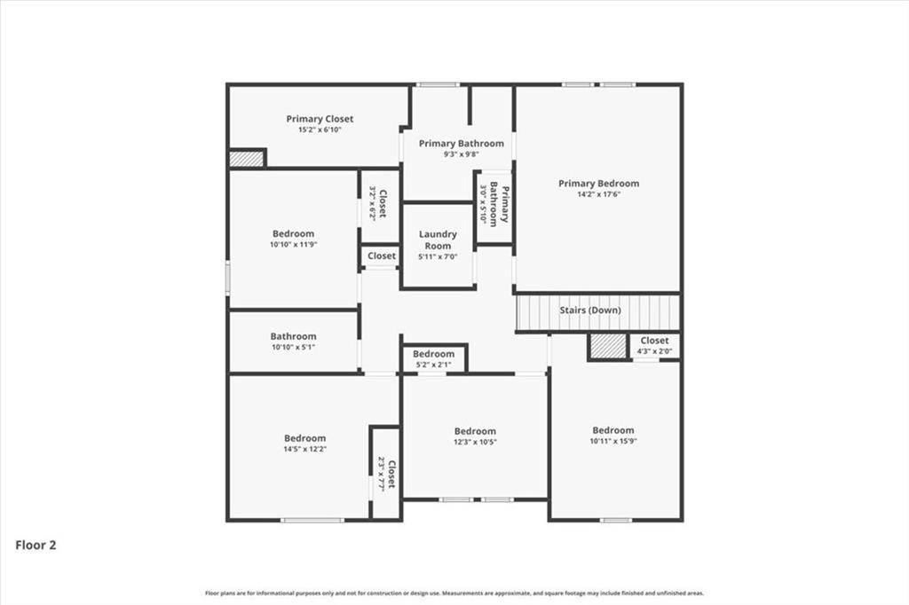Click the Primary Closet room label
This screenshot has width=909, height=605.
coord(320,119)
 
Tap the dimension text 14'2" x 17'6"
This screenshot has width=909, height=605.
coord(598,193)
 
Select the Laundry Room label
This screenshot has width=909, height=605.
coord(437,240)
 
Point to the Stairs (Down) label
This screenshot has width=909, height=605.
coord(589,310)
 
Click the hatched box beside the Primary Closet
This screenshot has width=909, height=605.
coord(247,159)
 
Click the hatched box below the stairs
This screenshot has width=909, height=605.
coord(608,346)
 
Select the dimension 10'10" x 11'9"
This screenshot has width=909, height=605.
coord(293,244)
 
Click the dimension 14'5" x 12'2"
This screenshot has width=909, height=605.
coord(304,449)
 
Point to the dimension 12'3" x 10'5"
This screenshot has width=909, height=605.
coord(475,442)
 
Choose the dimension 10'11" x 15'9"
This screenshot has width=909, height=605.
coord(613,441)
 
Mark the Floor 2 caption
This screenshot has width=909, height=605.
coord(36,546)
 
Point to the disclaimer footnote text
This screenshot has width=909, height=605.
coord(454,593)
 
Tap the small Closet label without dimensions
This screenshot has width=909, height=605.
coord(382,255)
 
